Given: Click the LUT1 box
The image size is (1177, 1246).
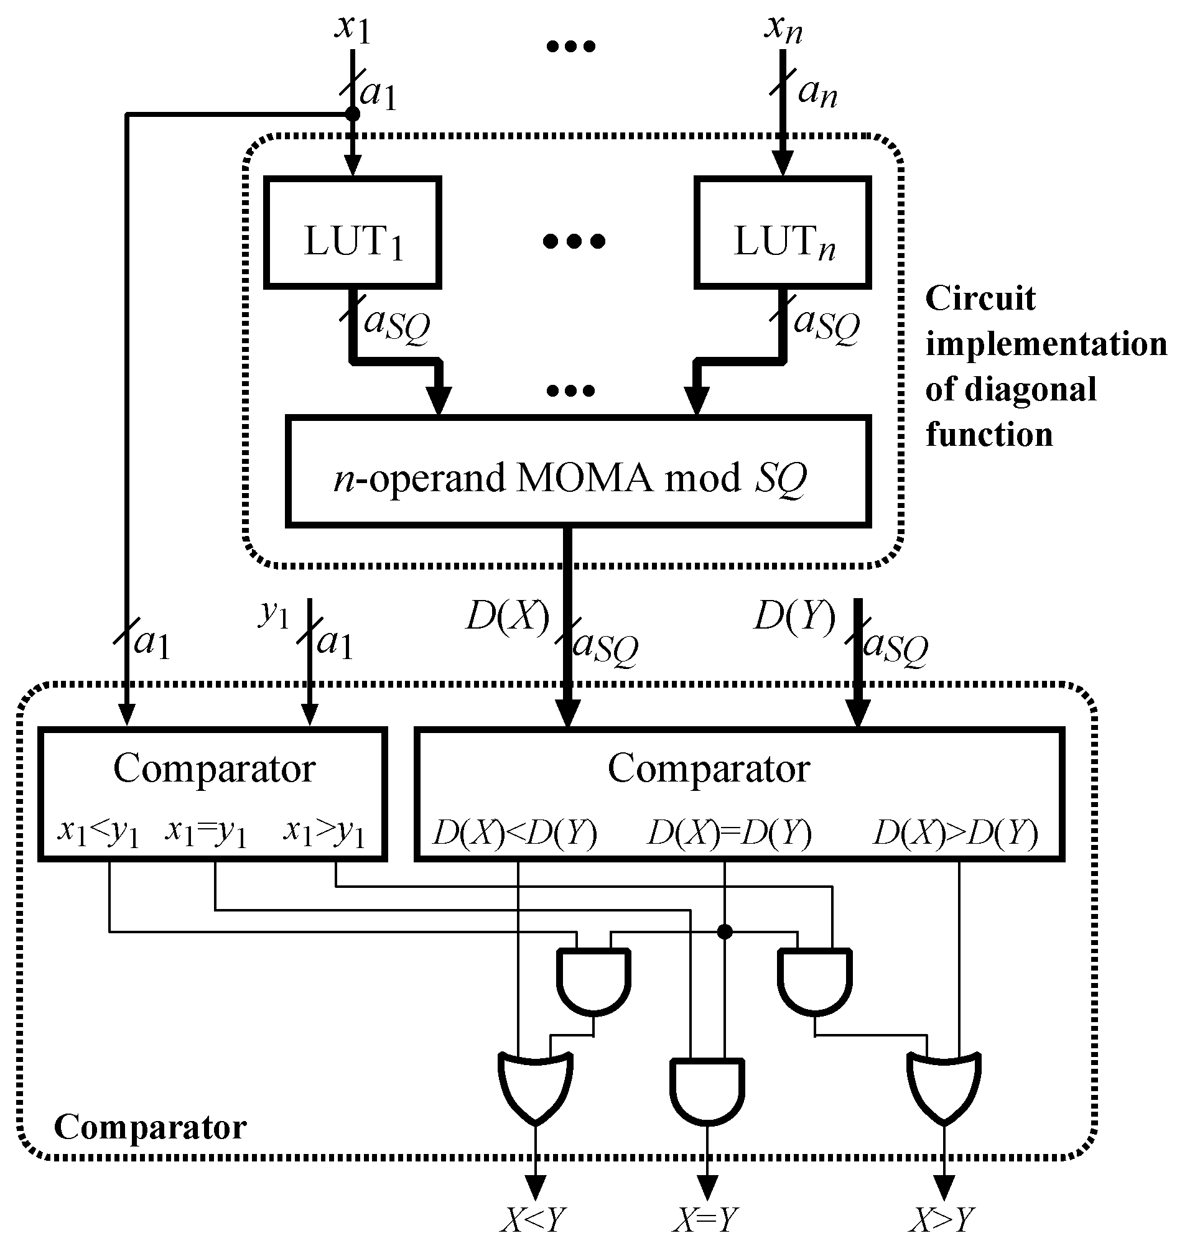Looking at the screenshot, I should pos(352,233).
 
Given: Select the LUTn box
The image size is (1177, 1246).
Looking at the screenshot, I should pos(783,233).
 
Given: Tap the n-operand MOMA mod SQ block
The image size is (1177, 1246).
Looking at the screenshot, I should pos(578,471).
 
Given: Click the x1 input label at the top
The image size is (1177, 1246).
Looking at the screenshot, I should pos(353,28).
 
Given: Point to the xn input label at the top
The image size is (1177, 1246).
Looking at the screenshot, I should pos(783,28).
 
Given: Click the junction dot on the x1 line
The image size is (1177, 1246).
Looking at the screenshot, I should pos(353,114).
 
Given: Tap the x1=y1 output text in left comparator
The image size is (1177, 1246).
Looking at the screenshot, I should pos(207,833).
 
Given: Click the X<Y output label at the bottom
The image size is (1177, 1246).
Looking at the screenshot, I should pos(533,1221).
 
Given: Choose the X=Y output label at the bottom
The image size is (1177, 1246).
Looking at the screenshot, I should pos(706,1221).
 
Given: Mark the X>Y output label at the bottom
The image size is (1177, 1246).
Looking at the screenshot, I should pos(943,1221).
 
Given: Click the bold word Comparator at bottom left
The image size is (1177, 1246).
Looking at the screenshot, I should pos(151,1127).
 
